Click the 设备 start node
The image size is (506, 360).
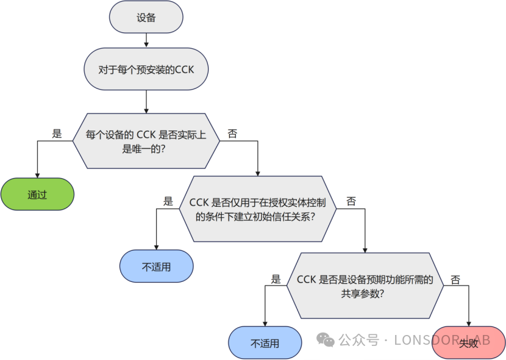(146, 18)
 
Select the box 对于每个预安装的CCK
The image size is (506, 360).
(146, 70)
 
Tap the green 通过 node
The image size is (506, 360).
(37, 195)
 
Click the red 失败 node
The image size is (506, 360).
(468, 343)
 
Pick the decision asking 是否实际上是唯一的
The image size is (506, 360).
(146, 142)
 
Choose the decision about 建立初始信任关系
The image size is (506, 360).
(258, 209)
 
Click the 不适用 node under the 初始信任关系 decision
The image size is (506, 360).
(157, 267)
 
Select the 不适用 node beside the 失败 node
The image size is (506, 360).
(265, 343)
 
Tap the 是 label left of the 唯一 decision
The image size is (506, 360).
(57, 134)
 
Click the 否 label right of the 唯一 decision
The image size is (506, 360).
(232, 134)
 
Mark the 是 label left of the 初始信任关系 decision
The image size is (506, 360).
(168, 201)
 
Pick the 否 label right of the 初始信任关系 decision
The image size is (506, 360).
(351, 201)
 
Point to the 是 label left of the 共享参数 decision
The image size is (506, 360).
(276, 279)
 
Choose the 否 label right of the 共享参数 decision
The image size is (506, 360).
(455, 279)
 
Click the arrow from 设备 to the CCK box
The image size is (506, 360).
(146, 40)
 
